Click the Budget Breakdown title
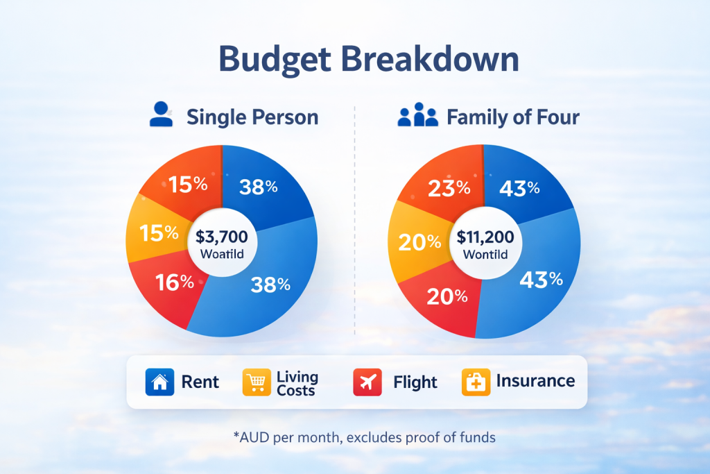368,60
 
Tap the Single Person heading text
252,117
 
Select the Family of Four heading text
513,117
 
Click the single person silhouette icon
162,115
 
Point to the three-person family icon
418,116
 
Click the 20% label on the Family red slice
448,296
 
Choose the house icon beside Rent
159,382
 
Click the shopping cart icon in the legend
257,382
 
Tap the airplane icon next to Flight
367,382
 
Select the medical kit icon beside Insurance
476,382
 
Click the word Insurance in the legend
535,381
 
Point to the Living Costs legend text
297,382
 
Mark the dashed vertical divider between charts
354,222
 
